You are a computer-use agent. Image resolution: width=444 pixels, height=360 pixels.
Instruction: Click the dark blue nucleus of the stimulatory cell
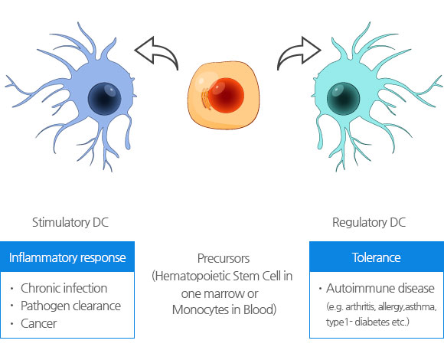pos(104,99)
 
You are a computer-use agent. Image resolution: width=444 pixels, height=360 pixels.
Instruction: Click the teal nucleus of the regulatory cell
pos(343,99)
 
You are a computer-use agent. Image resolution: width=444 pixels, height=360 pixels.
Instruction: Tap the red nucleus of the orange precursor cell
pos(226,96)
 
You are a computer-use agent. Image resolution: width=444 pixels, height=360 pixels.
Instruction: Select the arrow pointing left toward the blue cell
pos(157,53)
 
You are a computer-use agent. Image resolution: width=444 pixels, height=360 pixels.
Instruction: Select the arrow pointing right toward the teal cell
pos(299,53)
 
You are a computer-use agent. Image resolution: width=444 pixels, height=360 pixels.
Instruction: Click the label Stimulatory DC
pos(70,222)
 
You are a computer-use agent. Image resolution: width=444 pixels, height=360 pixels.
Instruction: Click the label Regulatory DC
pos(369,222)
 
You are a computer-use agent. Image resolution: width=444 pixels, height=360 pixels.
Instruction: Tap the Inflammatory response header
pos(67,257)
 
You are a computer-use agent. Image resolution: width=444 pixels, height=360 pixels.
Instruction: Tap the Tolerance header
pos(377,257)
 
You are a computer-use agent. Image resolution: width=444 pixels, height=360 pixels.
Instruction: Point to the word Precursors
pos(224,258)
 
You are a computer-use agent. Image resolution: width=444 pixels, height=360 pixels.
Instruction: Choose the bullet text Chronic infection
pos(64,288)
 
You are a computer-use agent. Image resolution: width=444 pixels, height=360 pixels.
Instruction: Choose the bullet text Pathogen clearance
pos(70,306)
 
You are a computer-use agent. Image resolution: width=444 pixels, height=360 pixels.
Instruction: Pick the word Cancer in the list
pos(39,323)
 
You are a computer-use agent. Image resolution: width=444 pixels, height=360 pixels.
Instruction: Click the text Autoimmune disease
pos(380,288)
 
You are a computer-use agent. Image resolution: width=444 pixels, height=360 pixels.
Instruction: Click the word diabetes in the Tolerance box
pos(373,322)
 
